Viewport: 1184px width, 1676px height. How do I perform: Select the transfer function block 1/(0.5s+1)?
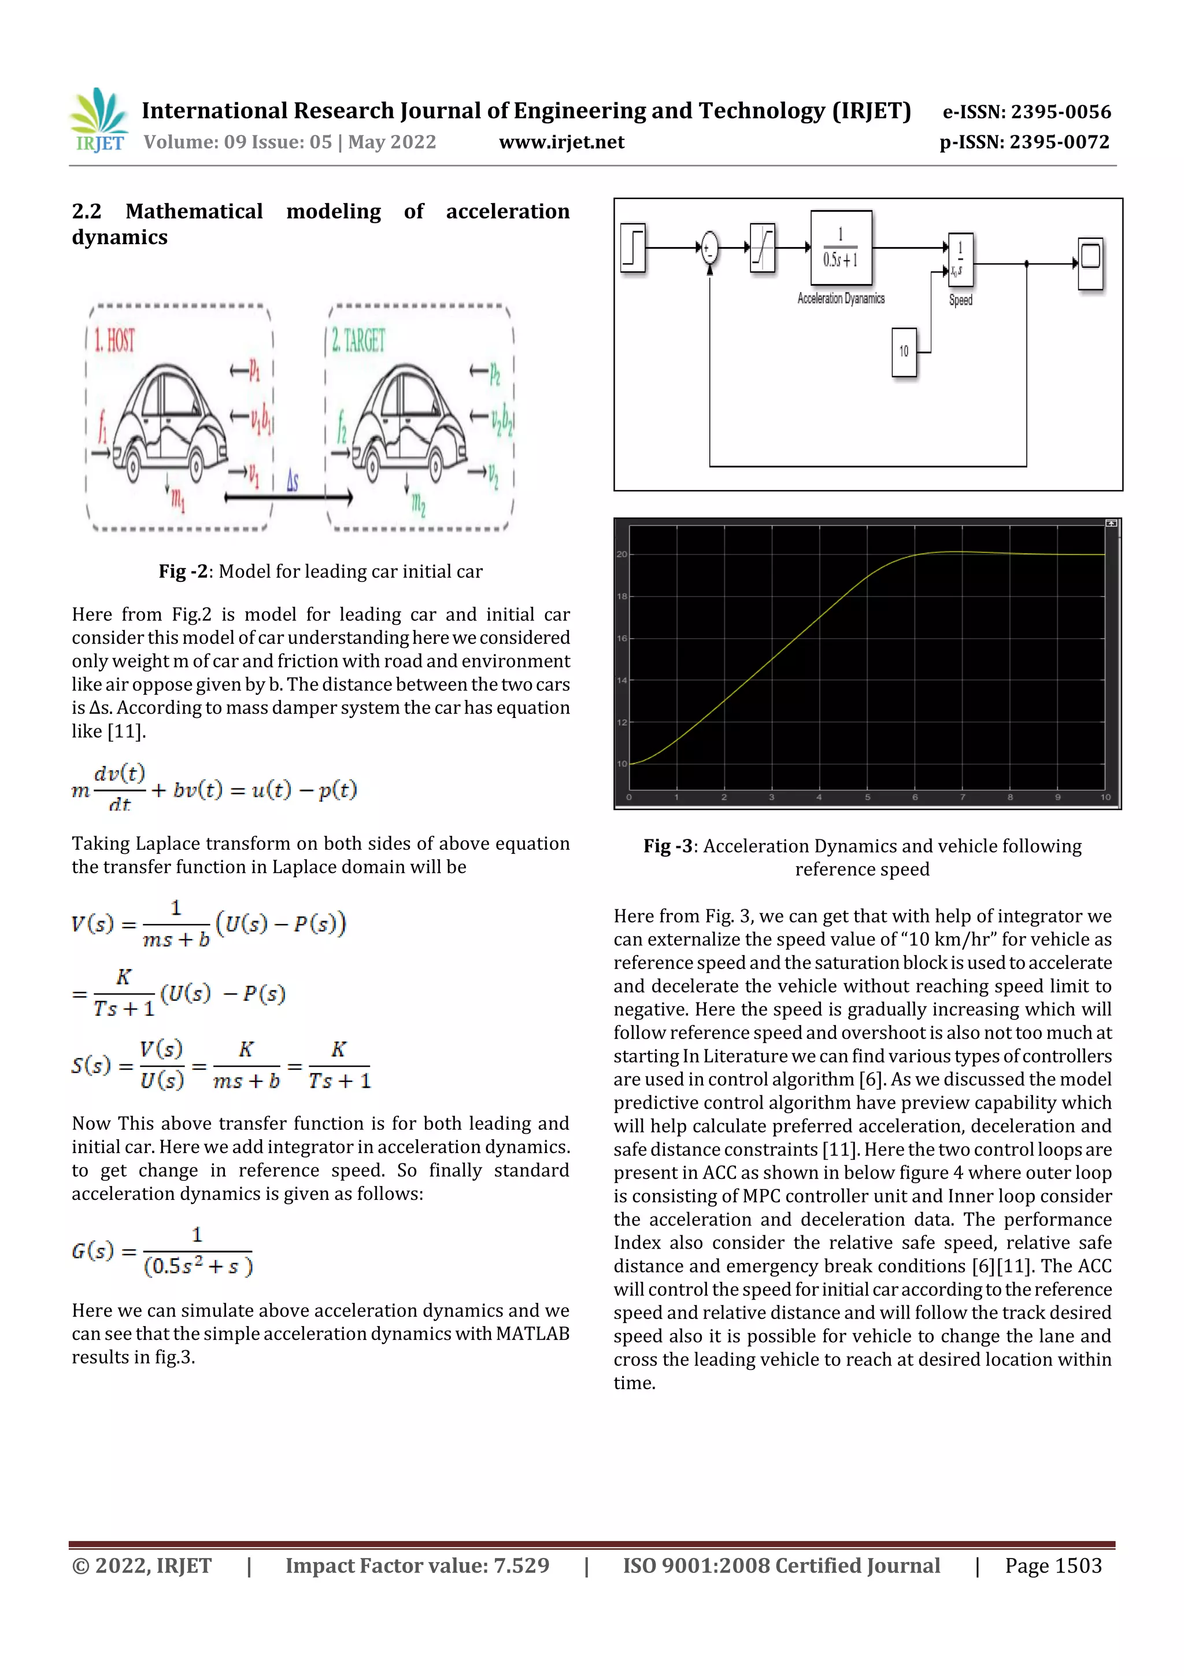click(841, 248)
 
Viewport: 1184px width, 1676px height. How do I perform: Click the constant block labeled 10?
click(903, 352)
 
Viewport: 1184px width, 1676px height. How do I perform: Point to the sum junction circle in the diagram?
click(708, 248)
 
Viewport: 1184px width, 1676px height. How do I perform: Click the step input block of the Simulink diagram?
click(633, 248)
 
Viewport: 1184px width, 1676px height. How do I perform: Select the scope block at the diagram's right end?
click(1090, 263)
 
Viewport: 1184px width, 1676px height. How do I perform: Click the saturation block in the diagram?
click(763, 248)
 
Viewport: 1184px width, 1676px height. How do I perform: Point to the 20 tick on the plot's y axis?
click(621, 554)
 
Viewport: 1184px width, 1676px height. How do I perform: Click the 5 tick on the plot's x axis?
click(867, 797)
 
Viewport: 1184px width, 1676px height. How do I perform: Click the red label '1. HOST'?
click(114, 341)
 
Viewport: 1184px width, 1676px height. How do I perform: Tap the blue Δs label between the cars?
click(292, 480)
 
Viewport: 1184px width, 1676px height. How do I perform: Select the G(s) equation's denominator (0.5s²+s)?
click(198, 1266)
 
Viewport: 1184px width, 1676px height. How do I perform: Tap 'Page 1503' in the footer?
click(1053, 1565)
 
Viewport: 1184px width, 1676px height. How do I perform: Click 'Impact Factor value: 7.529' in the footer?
click(417, 1565)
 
